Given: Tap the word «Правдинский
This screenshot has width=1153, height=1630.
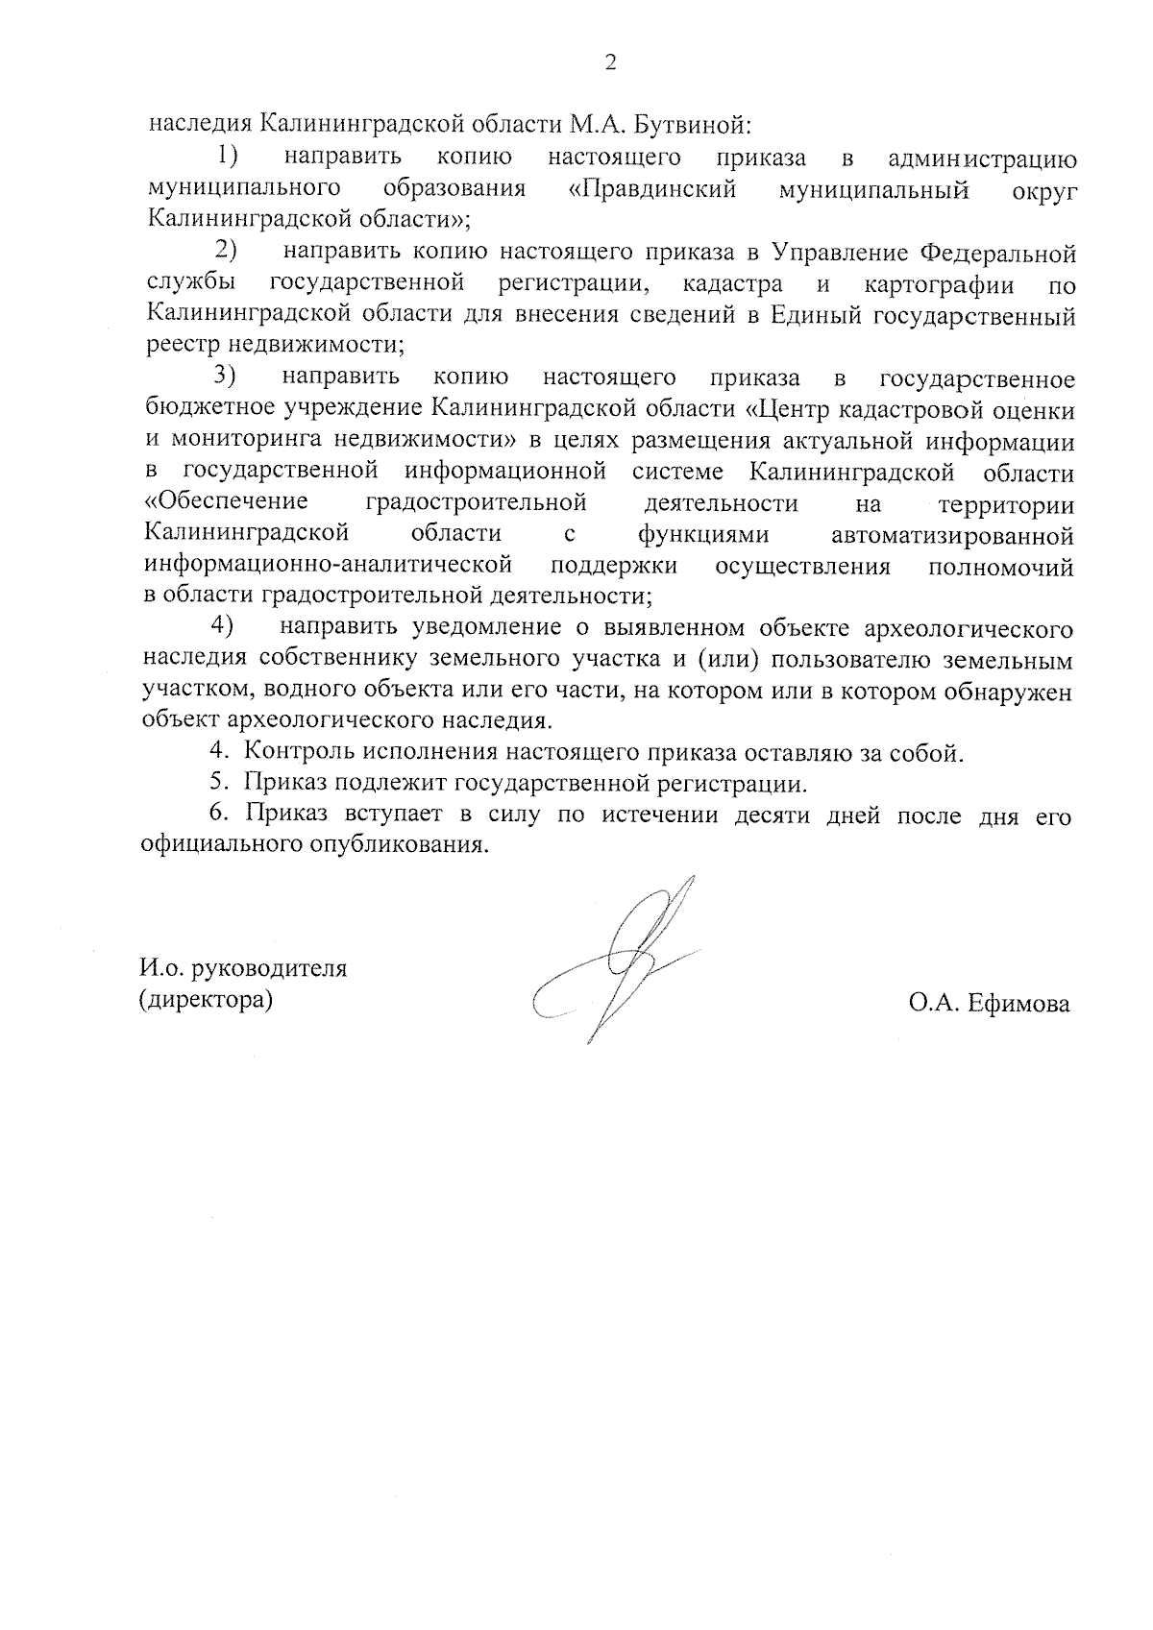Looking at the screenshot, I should (x=653, y=188).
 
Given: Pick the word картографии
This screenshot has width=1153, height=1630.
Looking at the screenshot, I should (x=939, y=284).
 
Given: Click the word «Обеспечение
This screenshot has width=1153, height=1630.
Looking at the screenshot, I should (x=226, y=503).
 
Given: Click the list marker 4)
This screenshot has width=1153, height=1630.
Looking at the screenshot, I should (x=223, y=627).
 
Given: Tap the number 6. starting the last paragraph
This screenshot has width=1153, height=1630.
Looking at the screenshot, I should (x=219, y=815).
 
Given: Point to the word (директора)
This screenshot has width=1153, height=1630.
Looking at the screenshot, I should (x=207, y=1000).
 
